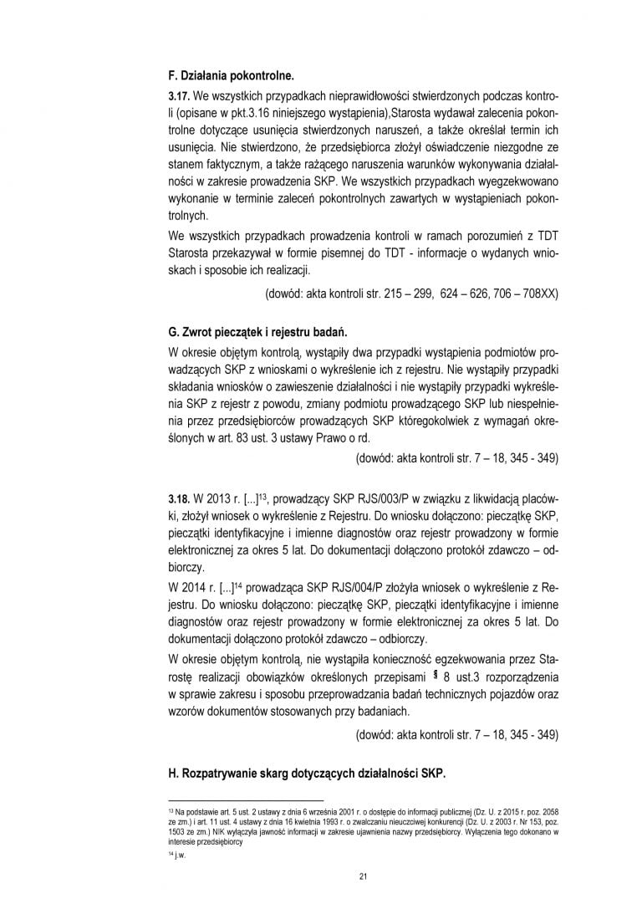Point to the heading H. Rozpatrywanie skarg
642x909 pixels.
pos(308,774)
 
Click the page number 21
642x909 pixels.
pos(363,876)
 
